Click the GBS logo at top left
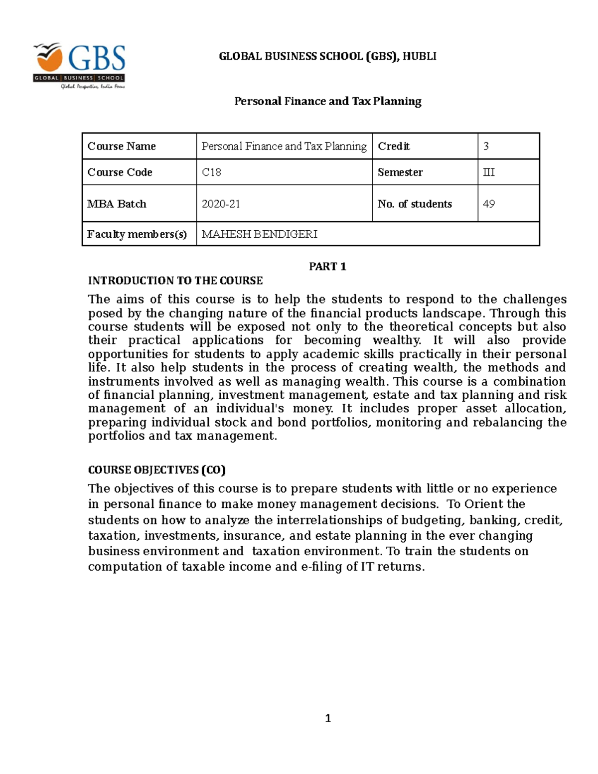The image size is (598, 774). click(x=79, y=65)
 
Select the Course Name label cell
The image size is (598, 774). click(x=122, y=146)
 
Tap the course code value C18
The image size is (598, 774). click(x=211, y=172)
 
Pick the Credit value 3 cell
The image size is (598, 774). click(x=486, y=146)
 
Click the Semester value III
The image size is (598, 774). click(x=488, y=172)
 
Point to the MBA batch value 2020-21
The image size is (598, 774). click(x=220, y=204)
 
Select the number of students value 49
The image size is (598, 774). click(x=488, y=204)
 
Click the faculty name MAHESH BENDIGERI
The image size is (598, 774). click(x=259, y=234)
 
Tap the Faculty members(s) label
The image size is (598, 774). click(x=137, y=234)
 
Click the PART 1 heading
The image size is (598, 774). click(x=327, y=267)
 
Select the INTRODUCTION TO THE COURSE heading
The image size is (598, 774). click(x=175, y=281)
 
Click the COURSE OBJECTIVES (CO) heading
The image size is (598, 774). click(x=156, y=470)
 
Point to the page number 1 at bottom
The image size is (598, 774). click(x=328, y=718)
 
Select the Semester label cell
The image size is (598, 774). click(x=400, y=172)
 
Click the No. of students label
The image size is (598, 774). click(x=415, y=204)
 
